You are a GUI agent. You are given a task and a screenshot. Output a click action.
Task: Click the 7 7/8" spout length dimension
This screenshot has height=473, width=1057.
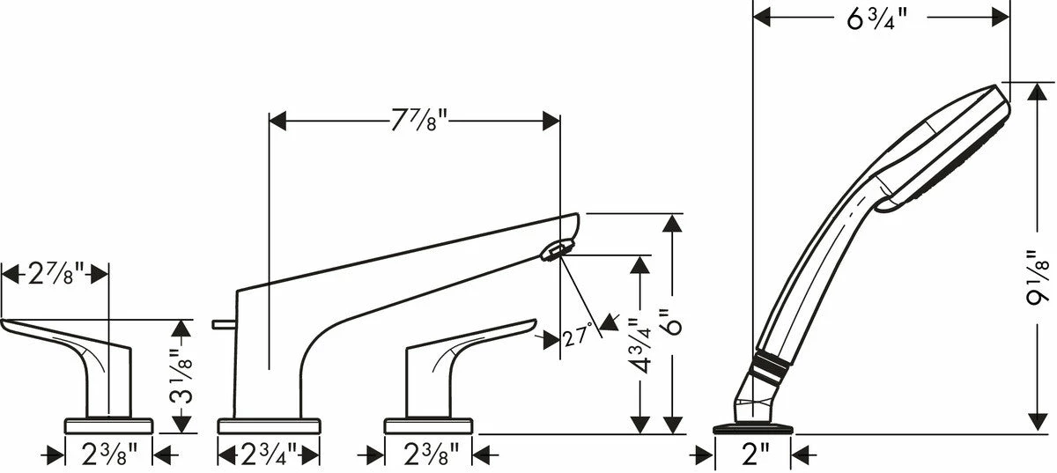click(419, 121)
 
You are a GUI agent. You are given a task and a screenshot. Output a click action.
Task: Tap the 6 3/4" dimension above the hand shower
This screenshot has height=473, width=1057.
click(876, 18)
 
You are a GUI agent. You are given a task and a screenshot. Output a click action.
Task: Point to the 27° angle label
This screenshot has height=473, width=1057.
click(578, 336)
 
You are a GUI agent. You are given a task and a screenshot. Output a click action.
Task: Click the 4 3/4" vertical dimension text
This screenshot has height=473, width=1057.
click(639, 345)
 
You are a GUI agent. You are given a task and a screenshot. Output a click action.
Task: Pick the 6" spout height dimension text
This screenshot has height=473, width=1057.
click(671, 322)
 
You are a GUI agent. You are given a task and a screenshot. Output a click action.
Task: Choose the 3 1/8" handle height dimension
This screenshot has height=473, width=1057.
click(181, 376)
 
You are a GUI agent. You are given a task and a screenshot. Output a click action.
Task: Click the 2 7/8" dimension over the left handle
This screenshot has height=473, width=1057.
click(55, 274)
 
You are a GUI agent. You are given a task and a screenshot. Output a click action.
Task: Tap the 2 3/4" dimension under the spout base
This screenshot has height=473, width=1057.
click(269, 455)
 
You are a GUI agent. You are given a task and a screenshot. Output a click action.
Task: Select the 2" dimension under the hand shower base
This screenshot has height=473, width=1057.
click(756, 455)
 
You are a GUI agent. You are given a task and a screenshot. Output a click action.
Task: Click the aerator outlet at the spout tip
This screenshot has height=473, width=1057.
click(557, 250)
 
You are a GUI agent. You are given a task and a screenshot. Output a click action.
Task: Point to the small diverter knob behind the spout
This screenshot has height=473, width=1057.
click(224, 324)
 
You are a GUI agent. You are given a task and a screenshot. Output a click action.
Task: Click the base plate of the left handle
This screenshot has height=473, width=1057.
click(108, 425)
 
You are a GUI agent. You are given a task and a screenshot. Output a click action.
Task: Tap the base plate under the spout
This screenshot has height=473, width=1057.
click(269, 425)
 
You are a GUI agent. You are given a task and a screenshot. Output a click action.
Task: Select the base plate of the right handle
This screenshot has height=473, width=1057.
click(428, 425)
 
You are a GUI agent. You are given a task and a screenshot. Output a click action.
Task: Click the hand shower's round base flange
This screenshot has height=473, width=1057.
click(753, 429)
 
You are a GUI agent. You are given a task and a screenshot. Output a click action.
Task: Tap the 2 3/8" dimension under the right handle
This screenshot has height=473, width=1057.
click(431, 455)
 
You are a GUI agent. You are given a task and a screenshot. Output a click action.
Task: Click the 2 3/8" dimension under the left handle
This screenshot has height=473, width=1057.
click(109, 455)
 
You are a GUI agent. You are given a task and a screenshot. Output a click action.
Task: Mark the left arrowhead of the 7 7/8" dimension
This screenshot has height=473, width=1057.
click(277, 121)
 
